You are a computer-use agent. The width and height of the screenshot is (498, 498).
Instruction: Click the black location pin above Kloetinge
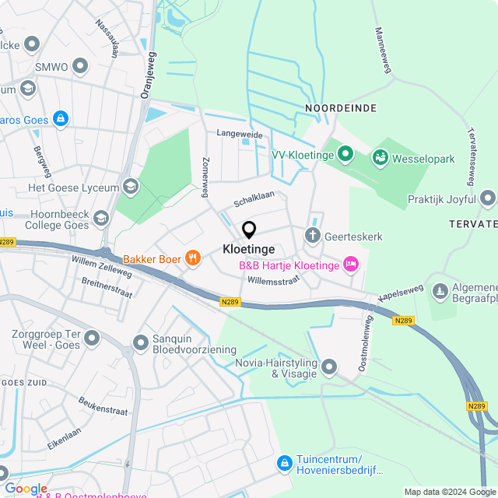tap(249, 230)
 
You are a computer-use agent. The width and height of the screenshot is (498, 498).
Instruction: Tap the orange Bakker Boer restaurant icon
tap(192, 258)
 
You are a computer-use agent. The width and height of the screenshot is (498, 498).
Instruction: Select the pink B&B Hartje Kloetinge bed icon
tap(351, 265)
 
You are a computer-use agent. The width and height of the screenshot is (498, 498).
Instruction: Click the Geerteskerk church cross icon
tap(313, 236)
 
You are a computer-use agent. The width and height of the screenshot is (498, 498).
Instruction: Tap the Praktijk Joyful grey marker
tap(488, 199)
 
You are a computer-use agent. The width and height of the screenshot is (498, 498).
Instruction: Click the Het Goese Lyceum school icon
tap(130, 187)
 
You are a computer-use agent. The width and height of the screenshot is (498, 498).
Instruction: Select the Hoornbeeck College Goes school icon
tap(100, 218)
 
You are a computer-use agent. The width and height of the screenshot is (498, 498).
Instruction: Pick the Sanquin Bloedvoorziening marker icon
tap(141, 342)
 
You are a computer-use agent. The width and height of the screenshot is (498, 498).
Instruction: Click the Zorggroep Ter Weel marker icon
tap(93, 338)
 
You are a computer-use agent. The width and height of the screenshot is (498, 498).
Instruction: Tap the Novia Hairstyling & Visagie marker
tap(329, 366)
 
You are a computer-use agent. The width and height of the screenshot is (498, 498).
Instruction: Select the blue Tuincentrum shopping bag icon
tap(286, 463)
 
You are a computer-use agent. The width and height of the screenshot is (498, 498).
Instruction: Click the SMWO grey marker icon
tap(79, 67)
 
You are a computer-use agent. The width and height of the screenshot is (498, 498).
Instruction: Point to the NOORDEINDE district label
tap(341, 108)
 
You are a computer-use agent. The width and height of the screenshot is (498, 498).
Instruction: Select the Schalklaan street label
tap(254, 199)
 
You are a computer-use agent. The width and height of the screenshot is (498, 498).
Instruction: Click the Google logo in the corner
tap(26, 489)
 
